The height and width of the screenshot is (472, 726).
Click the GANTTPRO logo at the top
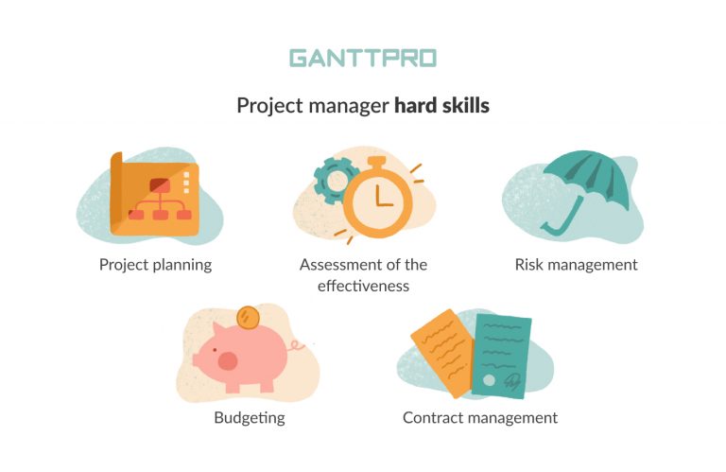(x=362, y=58)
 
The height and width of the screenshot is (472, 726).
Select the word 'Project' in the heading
(x=268, y=106)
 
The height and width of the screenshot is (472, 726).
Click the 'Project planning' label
(x=155, y=265)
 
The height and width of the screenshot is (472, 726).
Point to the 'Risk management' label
(x=576, y=265)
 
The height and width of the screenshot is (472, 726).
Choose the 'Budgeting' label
(x=249, y=417)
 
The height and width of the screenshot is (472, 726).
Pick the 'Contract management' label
(x=480, y=417)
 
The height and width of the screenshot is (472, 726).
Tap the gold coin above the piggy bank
(x=249, y=315)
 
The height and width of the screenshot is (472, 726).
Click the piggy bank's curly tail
(x=299, y=347)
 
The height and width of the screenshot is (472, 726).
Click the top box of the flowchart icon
(x=159, y=184)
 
